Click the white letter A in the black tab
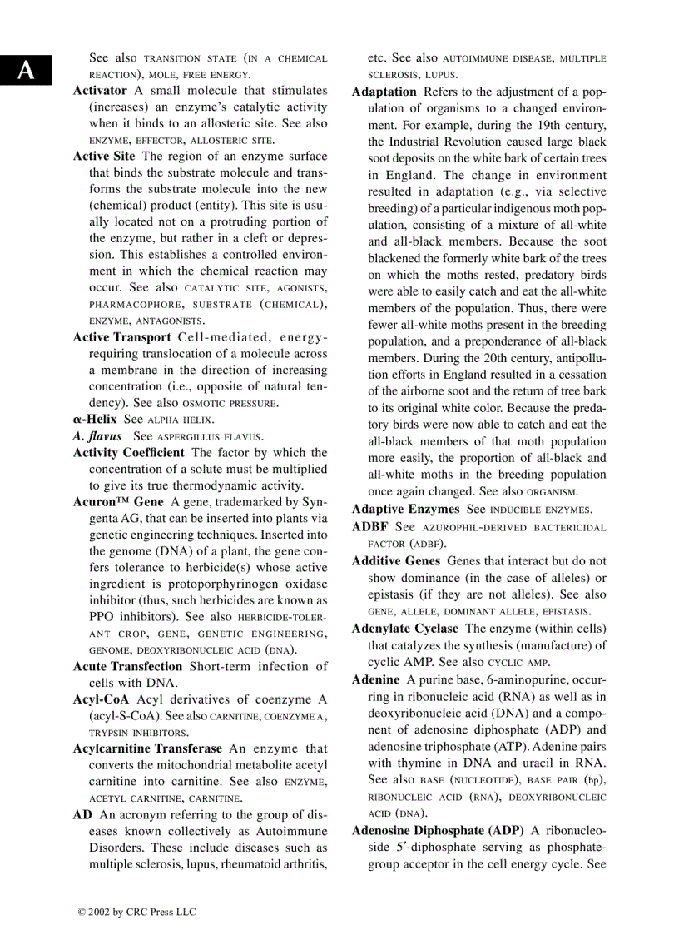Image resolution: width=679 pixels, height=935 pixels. point(27,71)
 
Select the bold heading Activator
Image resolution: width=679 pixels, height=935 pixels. point(100,91)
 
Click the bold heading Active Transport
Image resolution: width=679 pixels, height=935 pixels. point(121,337)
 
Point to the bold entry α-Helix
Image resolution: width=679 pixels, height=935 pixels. point(95,420)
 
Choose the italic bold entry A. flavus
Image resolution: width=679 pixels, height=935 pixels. point(97,436)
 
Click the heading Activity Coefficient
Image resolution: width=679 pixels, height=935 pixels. point(128,453)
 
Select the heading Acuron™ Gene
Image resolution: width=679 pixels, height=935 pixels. point(118,502)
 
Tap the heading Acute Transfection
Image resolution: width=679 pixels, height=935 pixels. point(127,667)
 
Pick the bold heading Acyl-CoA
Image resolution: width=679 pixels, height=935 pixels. point(101,699)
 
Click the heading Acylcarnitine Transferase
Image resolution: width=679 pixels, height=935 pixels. point(147,749)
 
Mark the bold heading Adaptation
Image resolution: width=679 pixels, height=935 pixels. point(384,92)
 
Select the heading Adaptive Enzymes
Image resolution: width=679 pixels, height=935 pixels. point(405,509)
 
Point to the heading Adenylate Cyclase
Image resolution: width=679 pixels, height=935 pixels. point(404,629)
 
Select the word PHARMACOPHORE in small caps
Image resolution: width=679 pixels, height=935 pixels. point(130,305)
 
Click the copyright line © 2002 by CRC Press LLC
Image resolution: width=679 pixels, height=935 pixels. point(136,913)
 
